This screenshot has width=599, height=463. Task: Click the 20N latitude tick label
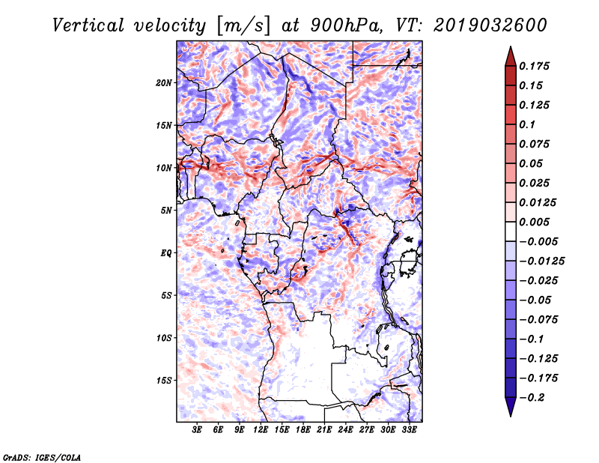click(163, 83)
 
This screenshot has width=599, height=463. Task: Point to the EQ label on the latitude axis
click(165, 253)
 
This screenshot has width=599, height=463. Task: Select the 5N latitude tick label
click(165, 211)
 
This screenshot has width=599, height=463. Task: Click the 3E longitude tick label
click(197, 430)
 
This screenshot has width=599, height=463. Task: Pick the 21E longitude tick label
click(324, 430)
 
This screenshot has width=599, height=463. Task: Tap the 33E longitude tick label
click(409, 430)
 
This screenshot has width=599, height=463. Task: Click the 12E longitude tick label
click(260, 430)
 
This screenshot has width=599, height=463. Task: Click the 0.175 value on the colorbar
click(534, 66)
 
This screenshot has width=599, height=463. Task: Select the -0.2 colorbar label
click(532, 398)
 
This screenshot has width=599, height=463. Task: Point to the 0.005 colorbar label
click(534, 222)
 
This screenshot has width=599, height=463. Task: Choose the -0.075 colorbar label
click(538, 320)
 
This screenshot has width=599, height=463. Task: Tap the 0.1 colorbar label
click(527, 124)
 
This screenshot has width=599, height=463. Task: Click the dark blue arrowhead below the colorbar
click(511, 407)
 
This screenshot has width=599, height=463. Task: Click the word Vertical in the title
click(88, 25)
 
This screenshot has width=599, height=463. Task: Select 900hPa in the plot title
click(347, 25)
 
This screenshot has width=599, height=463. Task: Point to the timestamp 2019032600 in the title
click(490, 25)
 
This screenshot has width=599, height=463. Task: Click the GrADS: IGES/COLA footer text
click(42, 458)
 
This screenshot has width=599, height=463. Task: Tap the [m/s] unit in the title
click(243, 25)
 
